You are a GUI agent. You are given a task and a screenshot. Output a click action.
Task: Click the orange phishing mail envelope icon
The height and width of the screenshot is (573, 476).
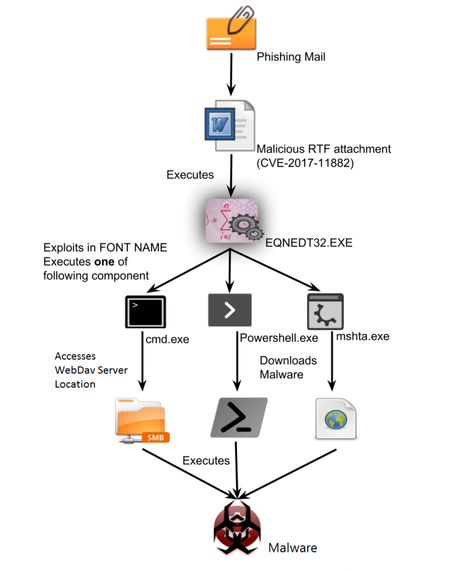230,33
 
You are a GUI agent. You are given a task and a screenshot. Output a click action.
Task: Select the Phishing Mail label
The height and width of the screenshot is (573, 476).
291,57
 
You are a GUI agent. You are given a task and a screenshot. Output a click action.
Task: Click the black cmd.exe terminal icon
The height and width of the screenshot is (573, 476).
145,312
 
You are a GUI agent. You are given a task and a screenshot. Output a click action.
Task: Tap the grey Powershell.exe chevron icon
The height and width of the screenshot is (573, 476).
229,310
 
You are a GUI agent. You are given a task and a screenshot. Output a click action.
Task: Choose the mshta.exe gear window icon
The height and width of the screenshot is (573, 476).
325,312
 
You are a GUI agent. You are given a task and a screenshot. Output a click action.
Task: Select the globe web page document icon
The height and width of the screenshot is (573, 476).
335,418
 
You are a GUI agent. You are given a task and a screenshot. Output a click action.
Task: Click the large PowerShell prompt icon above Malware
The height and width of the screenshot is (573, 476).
238,417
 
